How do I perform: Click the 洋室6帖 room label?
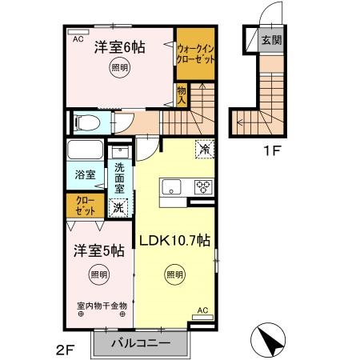tap(118, 47)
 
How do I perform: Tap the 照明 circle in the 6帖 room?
tap(118, 68)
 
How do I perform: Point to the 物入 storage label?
tap(182, 96)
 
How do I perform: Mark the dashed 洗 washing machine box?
tap(118, 208)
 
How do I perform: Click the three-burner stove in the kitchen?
tap(202, 188)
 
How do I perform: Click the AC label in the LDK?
tap(202, 310)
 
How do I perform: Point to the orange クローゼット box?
tap(84, 205)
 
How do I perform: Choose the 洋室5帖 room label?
tap(94, 250)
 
